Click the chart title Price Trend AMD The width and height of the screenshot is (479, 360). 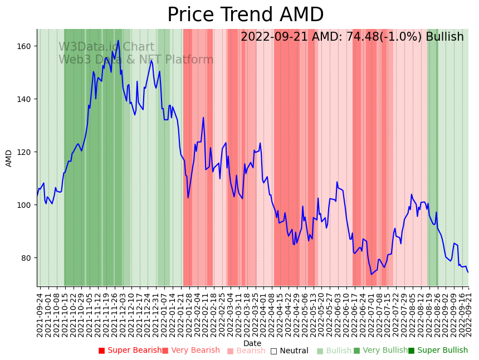[x=245, y=15]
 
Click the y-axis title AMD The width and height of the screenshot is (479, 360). [x=9, y=158]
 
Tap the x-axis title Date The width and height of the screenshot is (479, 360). [x=252, y=344]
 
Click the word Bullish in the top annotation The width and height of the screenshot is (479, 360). [x=444, y=37]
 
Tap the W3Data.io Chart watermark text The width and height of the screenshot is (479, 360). [x=106, y=47]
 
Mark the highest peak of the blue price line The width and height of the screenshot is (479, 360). [x=118, y=40]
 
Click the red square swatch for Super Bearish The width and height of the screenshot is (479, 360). [x=101, y=351]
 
